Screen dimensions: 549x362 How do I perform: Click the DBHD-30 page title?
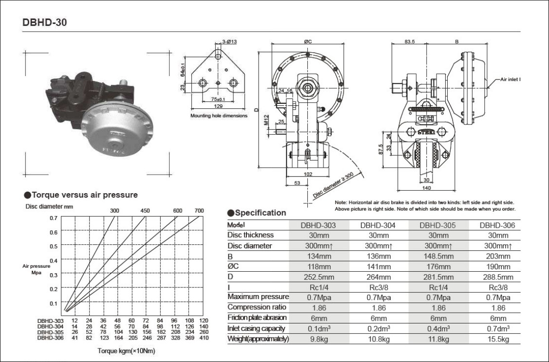pyautogui.click(x=44, y=22)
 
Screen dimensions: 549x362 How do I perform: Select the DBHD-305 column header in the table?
pyautogui.click(x=437, y=225)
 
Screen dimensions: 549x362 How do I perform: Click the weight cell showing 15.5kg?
pyautogui.click(x=498, y=339)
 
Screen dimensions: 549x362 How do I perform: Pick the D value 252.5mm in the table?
pyautogui.click(x=319, y=277)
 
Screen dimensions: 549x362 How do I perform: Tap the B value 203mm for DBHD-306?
pyautogui.click(x=498, y=256)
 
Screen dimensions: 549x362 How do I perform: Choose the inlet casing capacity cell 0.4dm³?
pyautogui.click(x=438, y=329)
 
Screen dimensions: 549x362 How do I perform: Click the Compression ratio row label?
pyautogui.click(x=257, y=307)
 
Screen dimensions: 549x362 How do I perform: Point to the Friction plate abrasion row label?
pyautogui.click(x=257, y=318)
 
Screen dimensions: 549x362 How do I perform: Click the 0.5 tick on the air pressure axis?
pyautogui.click(x=54, y=246)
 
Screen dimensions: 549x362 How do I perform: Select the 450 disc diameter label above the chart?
pyautogui.click(x=145, y=211)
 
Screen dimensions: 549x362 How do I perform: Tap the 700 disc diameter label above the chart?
pyautogui.click(x=199, y=211)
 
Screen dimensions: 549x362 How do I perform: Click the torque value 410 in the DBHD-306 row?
pyautogui.click(x=204, y=338)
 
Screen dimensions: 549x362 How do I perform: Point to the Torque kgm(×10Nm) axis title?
pyautogui.click(x=126, y=351)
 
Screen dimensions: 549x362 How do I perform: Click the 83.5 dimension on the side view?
pyautogui.click(x=410, y=41)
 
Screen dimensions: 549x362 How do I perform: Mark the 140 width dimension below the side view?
pyautogui.click(x=426, y=188)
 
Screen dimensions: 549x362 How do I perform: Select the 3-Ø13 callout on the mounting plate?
pyautogui.click(x=230, y=41)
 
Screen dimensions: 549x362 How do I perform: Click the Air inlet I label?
pyautogui.click(x=511, y=79)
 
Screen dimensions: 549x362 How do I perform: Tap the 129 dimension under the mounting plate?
pyautogui.click(x=218, y=106)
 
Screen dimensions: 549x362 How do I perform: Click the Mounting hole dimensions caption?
pyautogui.click(x=219, y=116)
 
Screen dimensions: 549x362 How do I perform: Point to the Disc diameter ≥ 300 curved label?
pyautogui.click(x=333, y=185)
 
